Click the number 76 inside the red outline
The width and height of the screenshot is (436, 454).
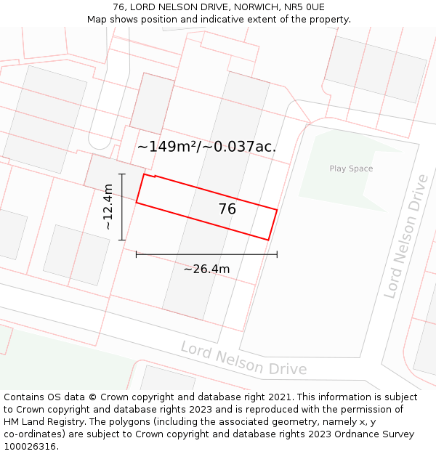(x=227, y=209)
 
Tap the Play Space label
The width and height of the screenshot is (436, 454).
(x=351, y=169)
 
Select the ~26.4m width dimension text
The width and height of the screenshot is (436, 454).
(x=206, y=269)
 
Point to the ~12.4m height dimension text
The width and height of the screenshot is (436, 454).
(x=108, y=207)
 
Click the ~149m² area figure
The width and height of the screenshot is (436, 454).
(x=166, y=147)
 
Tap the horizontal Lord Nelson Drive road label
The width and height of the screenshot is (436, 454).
(x=243, y=357)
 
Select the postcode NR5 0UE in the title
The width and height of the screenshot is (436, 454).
(x=304, y=7)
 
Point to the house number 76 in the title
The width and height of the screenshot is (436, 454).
(x=120, y=7)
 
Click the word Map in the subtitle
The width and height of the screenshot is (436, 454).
(x=98, y=20)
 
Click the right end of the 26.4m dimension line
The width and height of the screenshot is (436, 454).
(x=277, y=254)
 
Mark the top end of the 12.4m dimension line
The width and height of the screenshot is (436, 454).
(x=122, y=174)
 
